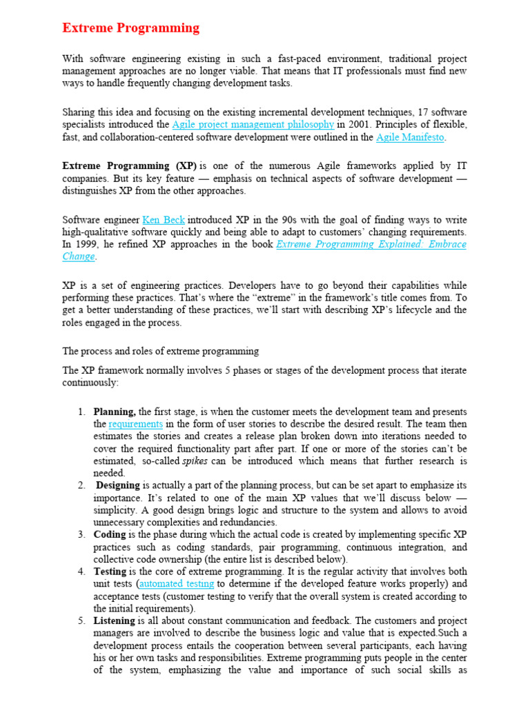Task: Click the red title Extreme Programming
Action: point(131,28)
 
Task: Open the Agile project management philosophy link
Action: point(253,125)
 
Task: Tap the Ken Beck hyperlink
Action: point(164,220)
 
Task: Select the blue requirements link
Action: point(135,424)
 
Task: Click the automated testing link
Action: point(177,584)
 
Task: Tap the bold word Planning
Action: point(115,412)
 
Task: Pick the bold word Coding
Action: point(110,534)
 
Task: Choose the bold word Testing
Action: point(110,572)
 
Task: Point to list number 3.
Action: point(81,534)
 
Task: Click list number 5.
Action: point(81,621)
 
